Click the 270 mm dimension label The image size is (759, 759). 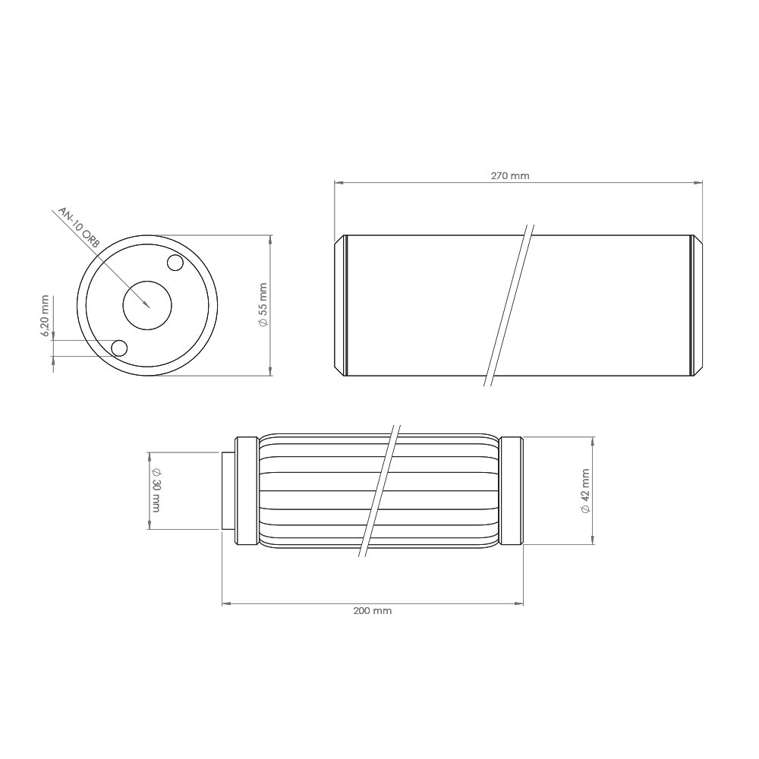coord(510,176)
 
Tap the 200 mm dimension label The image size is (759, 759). coord(372,611)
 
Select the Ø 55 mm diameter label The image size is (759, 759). coord(263,305)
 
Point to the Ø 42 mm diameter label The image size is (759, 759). coord(585,491)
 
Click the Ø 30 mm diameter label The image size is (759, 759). coord(156,490)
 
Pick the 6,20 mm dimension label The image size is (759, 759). coord(45,316)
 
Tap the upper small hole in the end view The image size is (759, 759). coord(175,263)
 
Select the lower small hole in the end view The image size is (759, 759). coord(119,348)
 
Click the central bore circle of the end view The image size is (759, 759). coord(147,305)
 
